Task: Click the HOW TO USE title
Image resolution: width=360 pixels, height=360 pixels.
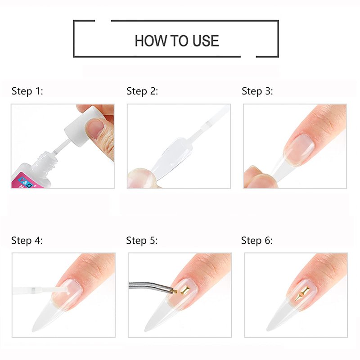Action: point(176,41)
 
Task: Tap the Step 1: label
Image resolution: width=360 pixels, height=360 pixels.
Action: point(27,91)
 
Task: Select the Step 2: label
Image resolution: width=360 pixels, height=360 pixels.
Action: point(142,91)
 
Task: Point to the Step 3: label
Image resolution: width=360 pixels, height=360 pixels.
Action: point(257,91)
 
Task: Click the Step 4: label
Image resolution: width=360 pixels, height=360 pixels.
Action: point(27,241)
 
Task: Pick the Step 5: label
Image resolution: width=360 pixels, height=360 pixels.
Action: point(142,241)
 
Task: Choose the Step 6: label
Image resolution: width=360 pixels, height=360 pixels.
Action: point(257,241)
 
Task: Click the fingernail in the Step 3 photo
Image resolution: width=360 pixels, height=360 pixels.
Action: point(299,149)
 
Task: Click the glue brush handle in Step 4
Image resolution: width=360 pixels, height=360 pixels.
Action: point(35,290)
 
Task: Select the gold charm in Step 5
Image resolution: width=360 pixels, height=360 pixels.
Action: point(185,290)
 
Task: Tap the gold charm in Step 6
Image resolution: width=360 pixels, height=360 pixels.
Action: point(302,293)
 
